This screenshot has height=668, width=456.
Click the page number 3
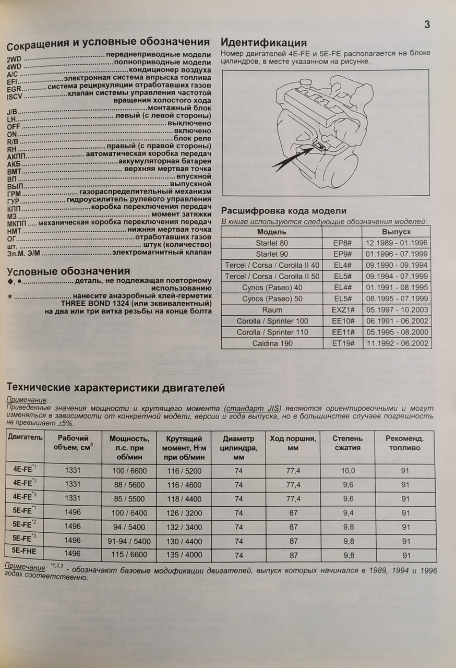point(427,25)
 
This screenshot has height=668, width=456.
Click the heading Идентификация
point(264,43)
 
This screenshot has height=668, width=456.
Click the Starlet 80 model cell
point(271,243)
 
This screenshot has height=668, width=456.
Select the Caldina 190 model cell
point(271,343)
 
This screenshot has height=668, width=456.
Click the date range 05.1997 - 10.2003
point(396,310)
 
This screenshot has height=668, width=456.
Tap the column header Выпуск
point(396,232)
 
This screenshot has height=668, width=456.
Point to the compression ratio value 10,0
point(348,471)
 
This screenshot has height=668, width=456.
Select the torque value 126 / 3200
point(183,513)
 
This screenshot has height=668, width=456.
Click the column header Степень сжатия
point(348,443)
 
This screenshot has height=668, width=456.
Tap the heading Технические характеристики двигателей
point(115,388)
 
